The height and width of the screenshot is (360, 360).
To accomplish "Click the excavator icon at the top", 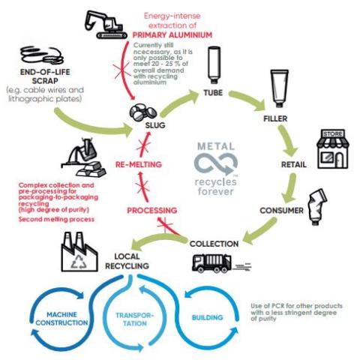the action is coord(103,25).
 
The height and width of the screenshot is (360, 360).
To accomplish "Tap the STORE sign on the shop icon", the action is coord(332,134).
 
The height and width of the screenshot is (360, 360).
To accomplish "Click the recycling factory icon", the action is coord(79,252).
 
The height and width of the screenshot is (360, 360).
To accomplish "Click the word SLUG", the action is coord(155,125).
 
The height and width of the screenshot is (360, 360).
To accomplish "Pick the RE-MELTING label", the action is coord(139,164).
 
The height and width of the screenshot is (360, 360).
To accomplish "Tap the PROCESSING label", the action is coord(152,211).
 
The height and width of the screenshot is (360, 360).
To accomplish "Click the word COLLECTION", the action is coord(214,244).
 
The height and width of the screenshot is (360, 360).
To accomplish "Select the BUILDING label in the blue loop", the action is coord(207,317).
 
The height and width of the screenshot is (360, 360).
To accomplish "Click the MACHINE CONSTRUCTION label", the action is coord(61,319).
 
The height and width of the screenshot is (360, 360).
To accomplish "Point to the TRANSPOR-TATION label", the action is coord(135,319).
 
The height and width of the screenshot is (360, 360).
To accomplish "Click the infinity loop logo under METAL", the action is coord(215,164).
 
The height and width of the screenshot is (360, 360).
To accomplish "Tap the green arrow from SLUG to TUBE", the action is coord(178,102).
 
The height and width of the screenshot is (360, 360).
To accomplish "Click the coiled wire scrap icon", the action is coord(42,55).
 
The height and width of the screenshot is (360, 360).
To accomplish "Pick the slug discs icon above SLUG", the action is coord(143,112).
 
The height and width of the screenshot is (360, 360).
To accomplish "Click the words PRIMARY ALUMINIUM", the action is coord(172,35).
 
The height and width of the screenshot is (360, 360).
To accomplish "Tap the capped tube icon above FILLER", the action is coord(280,88).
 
